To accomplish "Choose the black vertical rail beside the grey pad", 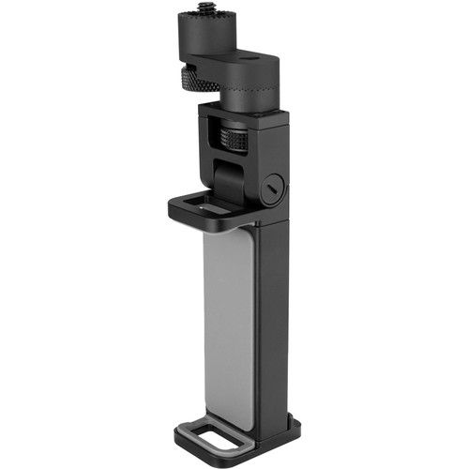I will coord(274,319).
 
